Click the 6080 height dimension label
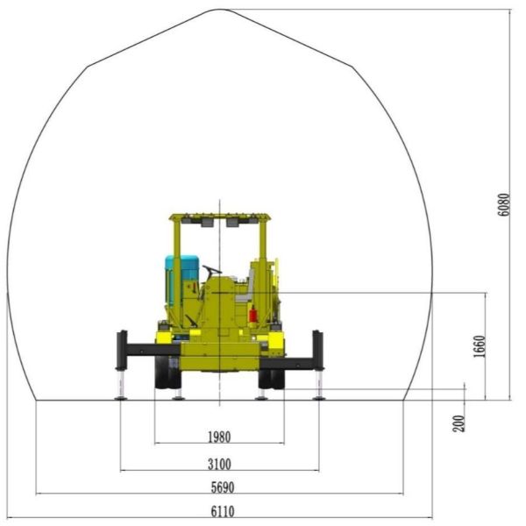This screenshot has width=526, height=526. tap(504, 205)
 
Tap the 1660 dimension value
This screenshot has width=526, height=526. tap(480, 346)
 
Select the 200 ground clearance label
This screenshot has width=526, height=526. tap(459, 423)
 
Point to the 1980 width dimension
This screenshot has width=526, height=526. tap(219, 437)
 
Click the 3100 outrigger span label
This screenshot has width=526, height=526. tap(219, 465)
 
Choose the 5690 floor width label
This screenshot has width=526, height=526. tap(223, 487)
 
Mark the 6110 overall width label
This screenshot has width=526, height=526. tap(223, 512)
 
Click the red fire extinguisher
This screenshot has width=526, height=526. tap(253, 315)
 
